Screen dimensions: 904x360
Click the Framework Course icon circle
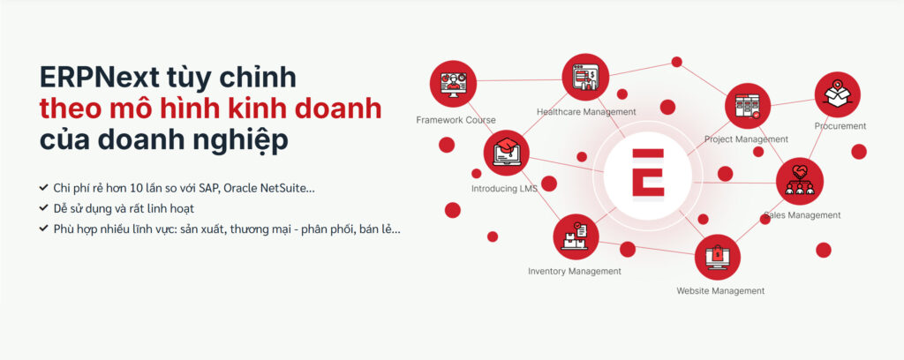click(x=453, y=84)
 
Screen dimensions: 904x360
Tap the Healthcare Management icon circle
click(x=586, y=77)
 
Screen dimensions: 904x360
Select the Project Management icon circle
click(x=748, y=106)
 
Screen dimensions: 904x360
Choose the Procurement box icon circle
click(x=837, y=94)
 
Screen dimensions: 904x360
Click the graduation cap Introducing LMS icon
click(x=507, y=153)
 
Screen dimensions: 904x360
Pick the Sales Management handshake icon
click(x=800, y=181)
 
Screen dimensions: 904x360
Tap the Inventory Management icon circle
click(x=576, y=236)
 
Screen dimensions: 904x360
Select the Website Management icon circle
click(x=717, y=257)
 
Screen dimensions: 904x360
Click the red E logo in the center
click(x=648, y=173)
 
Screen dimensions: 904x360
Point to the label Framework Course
click(x=456, y=120)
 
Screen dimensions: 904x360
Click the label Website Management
click(x=720, y=291)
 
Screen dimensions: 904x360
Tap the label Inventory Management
click(x=575, y=271)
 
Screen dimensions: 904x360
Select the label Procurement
click(x=840, y=125)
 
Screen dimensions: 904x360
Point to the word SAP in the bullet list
click(x=208, y=188)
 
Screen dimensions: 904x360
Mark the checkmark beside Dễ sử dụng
click(x=43, y=208)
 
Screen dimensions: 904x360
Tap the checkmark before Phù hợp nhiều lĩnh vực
click(x=43, y=229)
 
